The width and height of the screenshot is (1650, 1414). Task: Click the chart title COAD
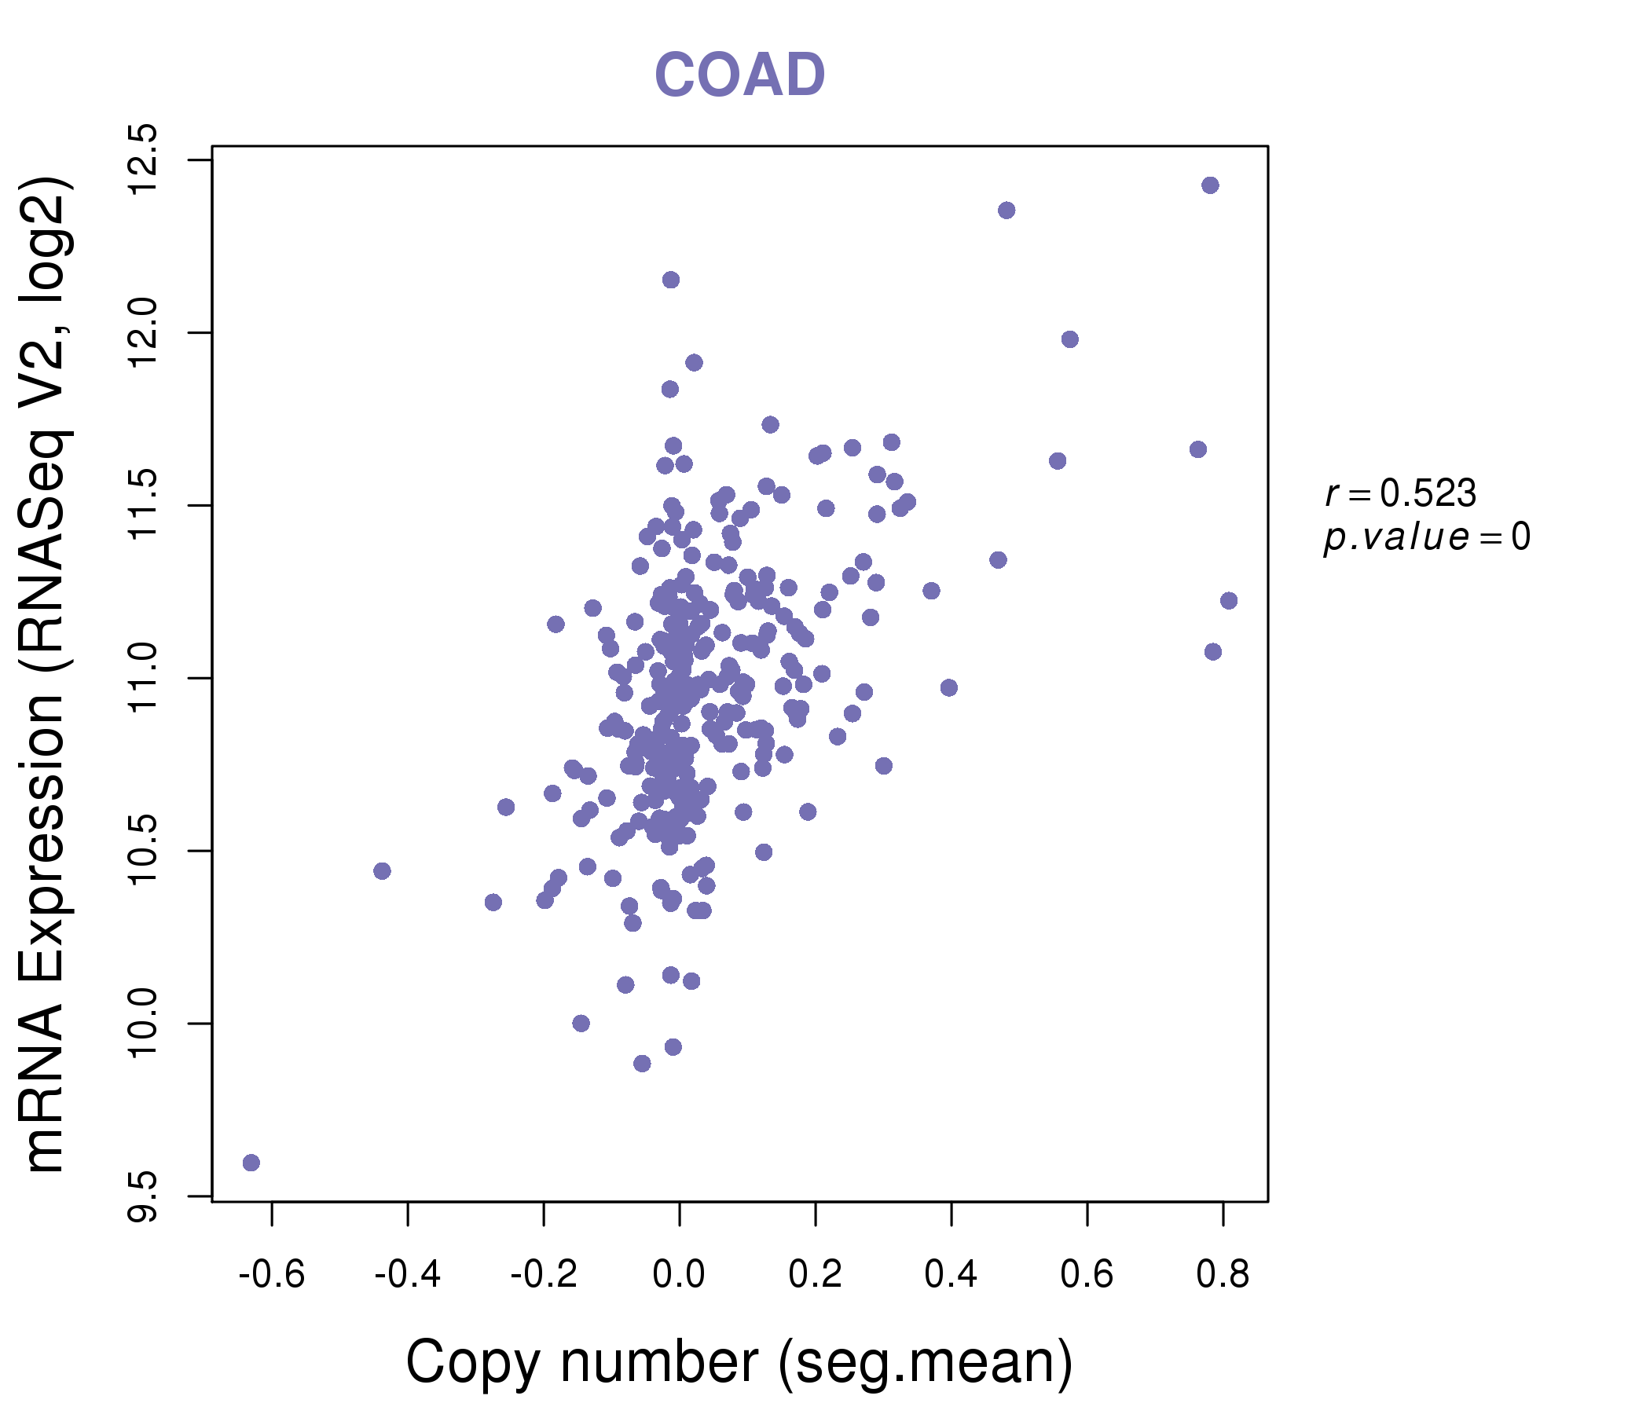pos(739,75)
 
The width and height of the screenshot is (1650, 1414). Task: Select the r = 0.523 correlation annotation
pos(1401,494)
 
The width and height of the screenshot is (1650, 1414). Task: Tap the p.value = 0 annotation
pos(1427,537)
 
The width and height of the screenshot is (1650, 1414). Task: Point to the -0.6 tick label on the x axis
pos(272,1275)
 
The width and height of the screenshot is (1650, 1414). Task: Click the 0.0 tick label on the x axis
pos(679,1275)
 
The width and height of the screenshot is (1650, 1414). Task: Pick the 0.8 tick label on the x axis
pos(1223,1275)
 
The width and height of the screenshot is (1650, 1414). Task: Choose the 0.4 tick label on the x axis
pos(951,1275)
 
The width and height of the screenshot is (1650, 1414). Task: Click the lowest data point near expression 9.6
pos(251,1163)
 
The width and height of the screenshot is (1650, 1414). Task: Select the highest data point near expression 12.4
pos(1210,185)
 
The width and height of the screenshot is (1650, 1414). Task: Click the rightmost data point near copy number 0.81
pos(1229,600)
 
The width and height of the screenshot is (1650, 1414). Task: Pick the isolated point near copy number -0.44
pos(382,871)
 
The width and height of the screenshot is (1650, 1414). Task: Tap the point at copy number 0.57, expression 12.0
pos(1069,339)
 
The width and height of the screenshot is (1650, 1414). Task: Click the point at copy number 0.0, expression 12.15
pos(670,280)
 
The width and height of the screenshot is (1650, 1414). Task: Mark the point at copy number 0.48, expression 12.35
pos(1006,211)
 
